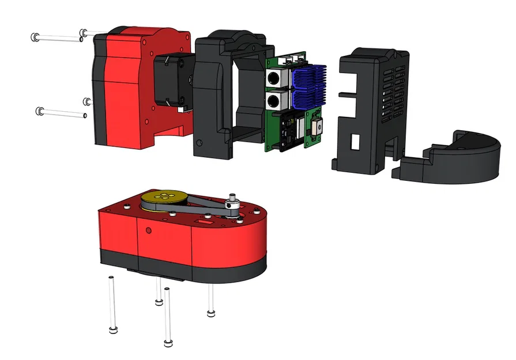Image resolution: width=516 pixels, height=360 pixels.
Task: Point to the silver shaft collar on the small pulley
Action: (233, 202)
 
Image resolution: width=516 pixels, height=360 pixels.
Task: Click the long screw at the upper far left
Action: (58, 38)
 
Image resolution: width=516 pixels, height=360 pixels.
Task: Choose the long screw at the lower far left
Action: (61, 113)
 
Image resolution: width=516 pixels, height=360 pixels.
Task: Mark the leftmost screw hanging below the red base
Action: (112, 305)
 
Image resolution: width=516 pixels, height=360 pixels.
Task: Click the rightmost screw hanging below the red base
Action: (211, 300)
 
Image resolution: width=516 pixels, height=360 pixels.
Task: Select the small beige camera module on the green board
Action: (317, 130)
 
